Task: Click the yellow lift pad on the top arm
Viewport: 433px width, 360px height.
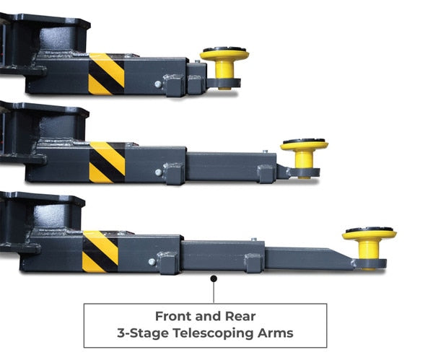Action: pos(224,67)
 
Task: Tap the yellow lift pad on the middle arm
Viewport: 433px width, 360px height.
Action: pos(304,157)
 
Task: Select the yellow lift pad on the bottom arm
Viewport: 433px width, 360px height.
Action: pos(369,246)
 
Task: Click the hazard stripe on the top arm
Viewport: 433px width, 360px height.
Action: pos(106,74)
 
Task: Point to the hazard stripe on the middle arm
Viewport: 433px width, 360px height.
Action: pos(107,162)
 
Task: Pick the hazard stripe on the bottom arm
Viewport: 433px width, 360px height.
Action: pos(100,252)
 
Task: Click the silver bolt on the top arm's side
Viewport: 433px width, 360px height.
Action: pos(158,84)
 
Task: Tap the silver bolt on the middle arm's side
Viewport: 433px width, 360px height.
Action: pos(159,172)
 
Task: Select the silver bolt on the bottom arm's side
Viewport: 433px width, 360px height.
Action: pos(152,262)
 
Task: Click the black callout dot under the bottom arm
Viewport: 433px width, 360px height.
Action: pos(214,278)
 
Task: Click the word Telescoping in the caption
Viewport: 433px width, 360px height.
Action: pos(214,333)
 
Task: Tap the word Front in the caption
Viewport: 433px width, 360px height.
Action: pos(174,317)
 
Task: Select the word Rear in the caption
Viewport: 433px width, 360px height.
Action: pos(240,317)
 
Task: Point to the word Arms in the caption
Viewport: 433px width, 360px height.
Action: pos(276,333)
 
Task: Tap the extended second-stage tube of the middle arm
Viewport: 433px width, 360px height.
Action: pos(231,167)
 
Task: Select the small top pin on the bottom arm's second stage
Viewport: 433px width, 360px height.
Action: pos(254,240)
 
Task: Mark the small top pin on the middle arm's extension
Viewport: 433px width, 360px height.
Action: pos(265,152)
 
